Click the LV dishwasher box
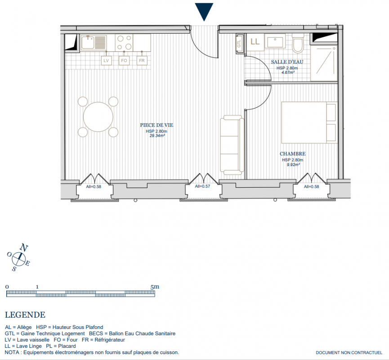[x=106, y=60]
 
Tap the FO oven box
[x=124, y=60]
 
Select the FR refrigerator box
[x=142, y=60]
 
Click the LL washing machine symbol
[x=255, y=42]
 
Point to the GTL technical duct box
[x=239, y=44]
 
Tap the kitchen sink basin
[x=87, y=42]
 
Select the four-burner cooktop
[x=124, y=42]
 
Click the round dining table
[x=98, y=117]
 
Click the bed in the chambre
[x=309, y=122]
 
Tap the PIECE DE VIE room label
[x=156, y=125]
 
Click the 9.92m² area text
[x=293, y=164]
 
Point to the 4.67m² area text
[x=288, y=72]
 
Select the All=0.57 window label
[x=202, y=186]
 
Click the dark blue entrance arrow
[x=204, y=12]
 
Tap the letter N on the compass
[x=24, y=247]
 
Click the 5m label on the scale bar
[x=155, y=287]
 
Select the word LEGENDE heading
[x=25, y=315]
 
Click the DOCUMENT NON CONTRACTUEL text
[x=349, y=352]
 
